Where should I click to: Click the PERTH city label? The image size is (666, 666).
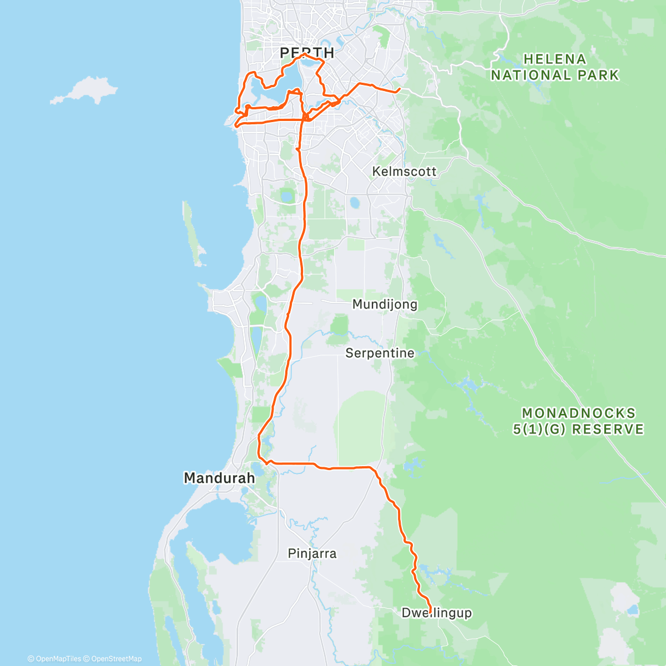tap(307, 53)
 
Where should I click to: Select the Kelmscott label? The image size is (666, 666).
tap(404, 171)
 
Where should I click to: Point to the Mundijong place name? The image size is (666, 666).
tap(385, 304)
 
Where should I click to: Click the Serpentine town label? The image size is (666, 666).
tap(380, 353)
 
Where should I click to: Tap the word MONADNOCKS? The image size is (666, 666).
tap(578, 413)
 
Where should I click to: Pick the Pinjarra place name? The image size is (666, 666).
tap(312, 553)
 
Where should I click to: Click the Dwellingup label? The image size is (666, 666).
tap(436, 613)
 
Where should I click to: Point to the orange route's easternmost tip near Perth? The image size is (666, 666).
tap(400, 89)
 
